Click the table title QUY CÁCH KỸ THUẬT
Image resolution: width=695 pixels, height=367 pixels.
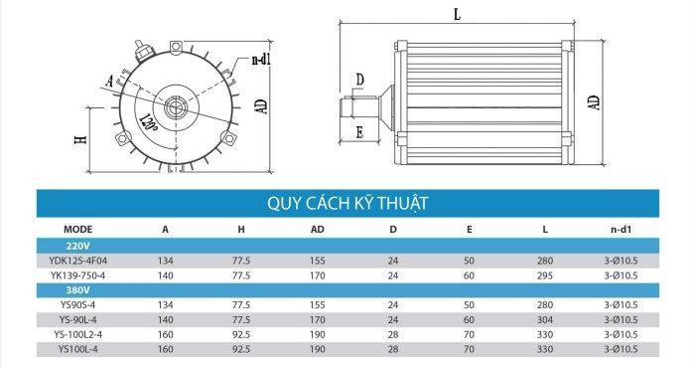(x=347, y=203)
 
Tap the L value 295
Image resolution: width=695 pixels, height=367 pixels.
(x=545, y=275)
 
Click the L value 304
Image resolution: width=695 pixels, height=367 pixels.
(x=545, y=319)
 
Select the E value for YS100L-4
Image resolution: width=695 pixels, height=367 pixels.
(x=469, y=349)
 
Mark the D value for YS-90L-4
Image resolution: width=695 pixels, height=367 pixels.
(x=392, y=319)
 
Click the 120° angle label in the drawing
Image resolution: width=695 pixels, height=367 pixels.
(x=150, y=122)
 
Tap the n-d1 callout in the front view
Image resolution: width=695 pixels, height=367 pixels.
(x=261, y=60)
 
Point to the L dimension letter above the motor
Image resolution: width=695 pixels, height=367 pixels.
(x=456, y=16)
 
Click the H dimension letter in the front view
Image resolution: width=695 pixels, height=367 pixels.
(x=79, y=140)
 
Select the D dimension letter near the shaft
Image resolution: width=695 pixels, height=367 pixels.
(x=359, y=79)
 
